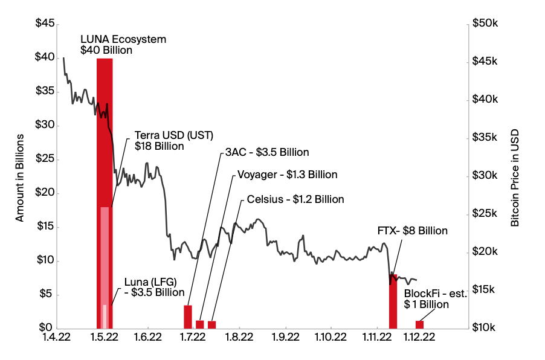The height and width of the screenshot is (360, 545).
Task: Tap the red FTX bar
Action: [393, 302]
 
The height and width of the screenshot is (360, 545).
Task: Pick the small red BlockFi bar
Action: [420, 324]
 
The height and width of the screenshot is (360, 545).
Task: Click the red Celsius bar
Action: [211, 324]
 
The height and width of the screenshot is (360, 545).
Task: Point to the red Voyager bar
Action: [200, 324]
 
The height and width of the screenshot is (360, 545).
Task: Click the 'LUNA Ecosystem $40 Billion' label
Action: [123, 45]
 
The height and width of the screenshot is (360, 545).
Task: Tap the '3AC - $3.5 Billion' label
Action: [266, 152]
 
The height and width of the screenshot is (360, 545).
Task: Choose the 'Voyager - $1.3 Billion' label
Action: [287, 175]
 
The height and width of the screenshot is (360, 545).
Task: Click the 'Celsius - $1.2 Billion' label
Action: [294, 199]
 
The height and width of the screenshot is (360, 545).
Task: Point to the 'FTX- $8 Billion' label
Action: [412, 231]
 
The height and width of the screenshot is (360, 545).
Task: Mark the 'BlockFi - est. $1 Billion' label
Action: [436, 299]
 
